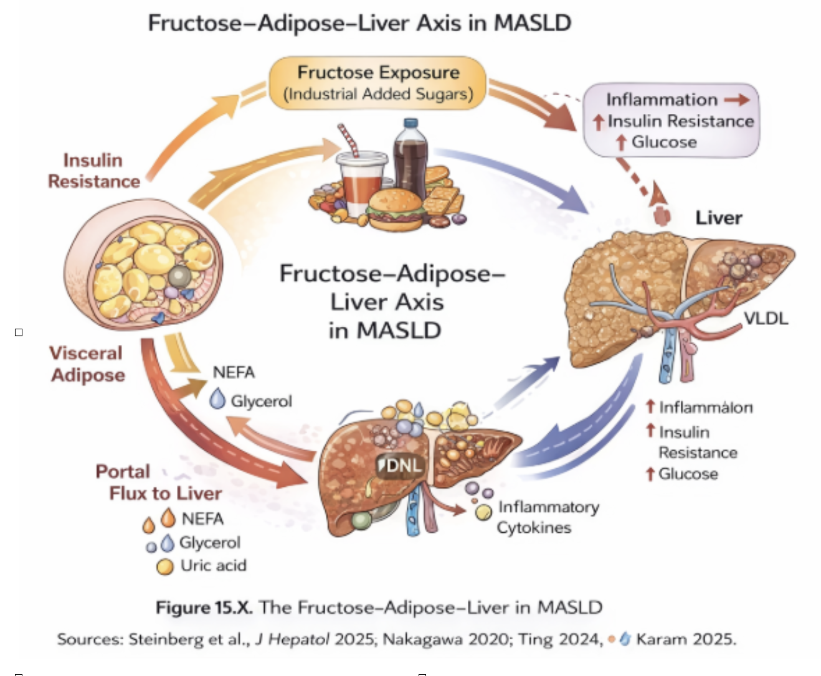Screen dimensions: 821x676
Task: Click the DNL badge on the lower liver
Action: pyautogui.click(x=400, y=466)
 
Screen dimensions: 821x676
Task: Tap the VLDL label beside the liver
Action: pyautogui.click(x=766, y=318)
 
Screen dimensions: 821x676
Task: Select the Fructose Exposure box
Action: pyautogui.click(x=377, y=83)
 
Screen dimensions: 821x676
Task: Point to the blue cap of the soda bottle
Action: pyautogui.click(x=411, y=123)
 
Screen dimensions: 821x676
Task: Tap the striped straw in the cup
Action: pyautogui.click(x=348, y=140)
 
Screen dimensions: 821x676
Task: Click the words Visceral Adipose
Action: pyautogui.click(x=87, y=364)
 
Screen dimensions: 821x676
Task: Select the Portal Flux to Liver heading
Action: pyautogui.click(x=158, y=482)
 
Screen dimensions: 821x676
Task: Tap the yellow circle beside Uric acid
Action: pyautogui.click(x=164, y=566)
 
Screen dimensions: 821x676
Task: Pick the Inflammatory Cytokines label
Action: pyautogui.click(x=548, y=517)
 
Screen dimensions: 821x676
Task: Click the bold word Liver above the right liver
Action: pyautogui.click(x=719, y=218)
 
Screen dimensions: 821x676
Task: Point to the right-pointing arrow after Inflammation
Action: pyautogui.click(x=737, y=100)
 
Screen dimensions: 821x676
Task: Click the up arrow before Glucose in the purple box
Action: pyautogui.click(x=621, y=143)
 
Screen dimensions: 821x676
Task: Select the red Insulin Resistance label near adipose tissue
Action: pyautogui.click(x=93, y=171)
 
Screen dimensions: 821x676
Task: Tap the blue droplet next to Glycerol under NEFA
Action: pyautogui.click(x=217, y=398)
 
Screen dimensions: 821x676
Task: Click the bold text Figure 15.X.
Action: pyautogui.click(x=204, y=608)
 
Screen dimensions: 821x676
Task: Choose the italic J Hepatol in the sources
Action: pyautogui.click(x=293, y=639)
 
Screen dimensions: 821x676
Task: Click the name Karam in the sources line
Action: pyautogui.click(x=662, y=639)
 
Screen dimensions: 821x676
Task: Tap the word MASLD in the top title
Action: pyautogui.click(x=533, y=23)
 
